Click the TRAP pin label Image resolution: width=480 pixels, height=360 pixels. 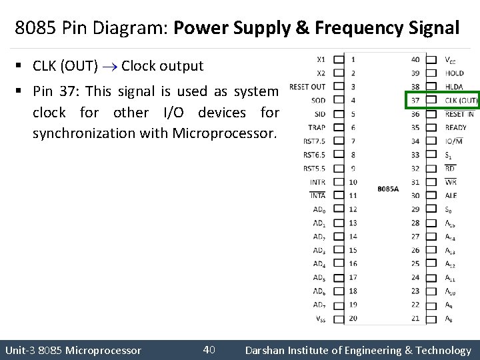(x=317, y=127)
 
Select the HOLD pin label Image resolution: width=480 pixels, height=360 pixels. (x=454, y=73)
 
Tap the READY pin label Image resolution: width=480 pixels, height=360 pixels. (x=456, y=127)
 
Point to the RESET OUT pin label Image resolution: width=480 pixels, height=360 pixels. (x=308, y=86)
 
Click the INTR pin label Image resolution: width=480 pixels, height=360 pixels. (x=317, y=182)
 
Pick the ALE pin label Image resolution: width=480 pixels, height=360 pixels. (x=451, y=195)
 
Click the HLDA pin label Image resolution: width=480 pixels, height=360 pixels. (x=454, y=87)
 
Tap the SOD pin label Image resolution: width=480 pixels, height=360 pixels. (x=319, y=100)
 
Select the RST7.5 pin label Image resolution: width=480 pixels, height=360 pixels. (x=314, y=141)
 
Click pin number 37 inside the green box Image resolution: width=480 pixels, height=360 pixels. (x=415, y=100)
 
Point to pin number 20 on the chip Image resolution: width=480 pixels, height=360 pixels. (x=353, y=318)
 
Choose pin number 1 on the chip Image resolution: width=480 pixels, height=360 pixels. (x=353, y=59)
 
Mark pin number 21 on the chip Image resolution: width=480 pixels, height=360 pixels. (x=415, y=318)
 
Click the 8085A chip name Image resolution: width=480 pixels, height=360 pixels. (x=387, y=189)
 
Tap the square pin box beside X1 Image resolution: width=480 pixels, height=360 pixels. (x=338, y=59)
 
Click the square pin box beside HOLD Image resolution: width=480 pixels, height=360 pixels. (x=431, y=73)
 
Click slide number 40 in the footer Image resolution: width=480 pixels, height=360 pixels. (x=208, y=349)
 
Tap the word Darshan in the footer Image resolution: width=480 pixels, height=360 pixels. (x=267, y=350)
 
